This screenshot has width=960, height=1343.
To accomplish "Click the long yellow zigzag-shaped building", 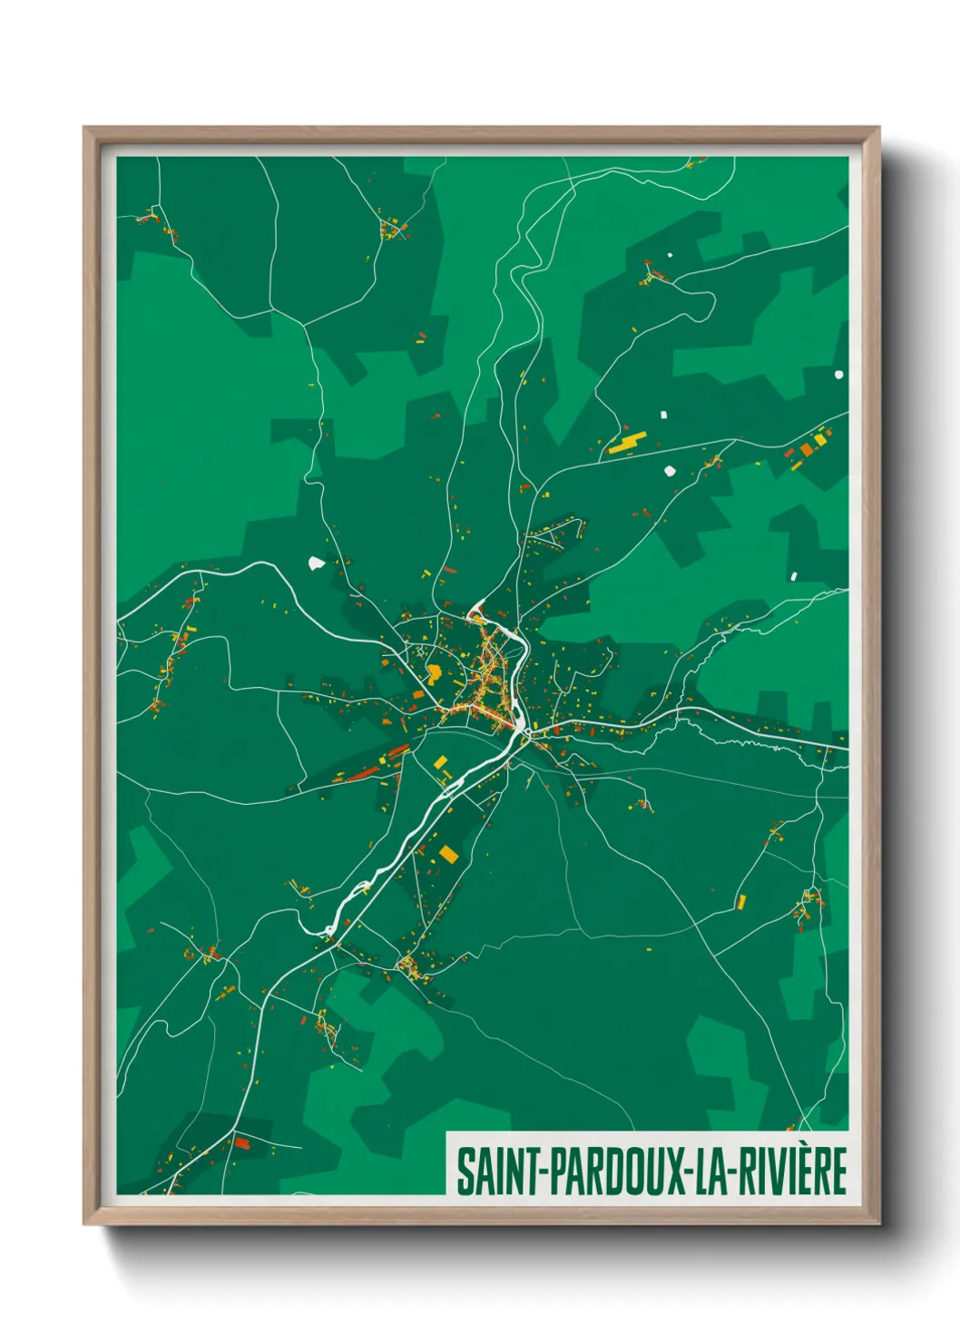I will pos(627,443).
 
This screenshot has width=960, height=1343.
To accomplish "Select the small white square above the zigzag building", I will pos(663,415).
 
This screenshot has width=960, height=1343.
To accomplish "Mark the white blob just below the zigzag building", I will pos(671,470).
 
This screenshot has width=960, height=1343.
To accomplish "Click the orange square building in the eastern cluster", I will pos(806,449).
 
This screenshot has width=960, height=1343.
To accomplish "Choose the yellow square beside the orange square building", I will pos(819,440).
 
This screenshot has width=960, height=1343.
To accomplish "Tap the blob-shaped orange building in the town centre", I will pos(435,672).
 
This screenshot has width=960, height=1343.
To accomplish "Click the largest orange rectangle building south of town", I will pos(448,854).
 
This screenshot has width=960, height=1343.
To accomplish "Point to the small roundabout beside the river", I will pos(519,725).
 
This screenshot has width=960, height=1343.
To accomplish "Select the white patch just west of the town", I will pos(316,563).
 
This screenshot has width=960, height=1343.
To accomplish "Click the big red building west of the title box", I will pos(241,1142).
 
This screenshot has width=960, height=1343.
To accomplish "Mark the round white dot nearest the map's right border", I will pos(838,374).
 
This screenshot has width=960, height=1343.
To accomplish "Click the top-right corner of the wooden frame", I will pos(877,129).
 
